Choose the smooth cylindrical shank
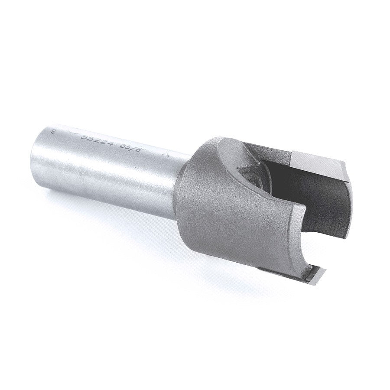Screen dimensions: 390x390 click(x=108, y=173)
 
